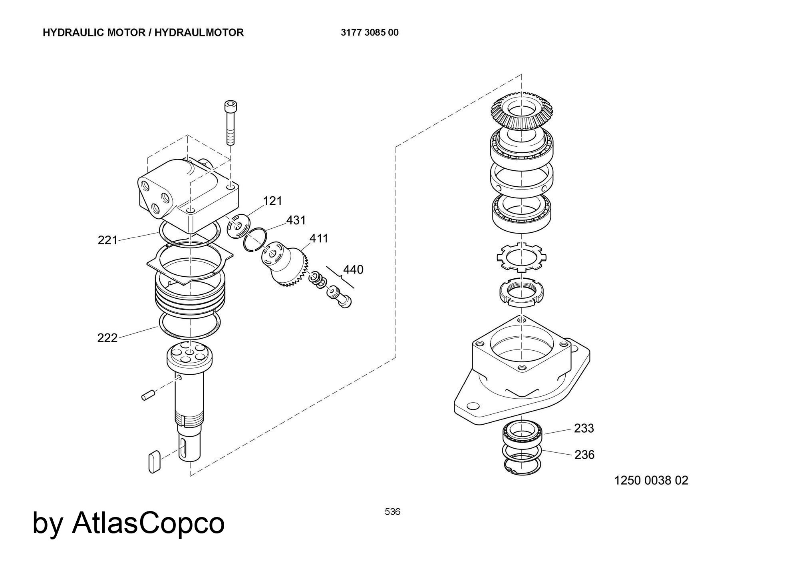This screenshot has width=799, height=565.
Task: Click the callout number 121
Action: [273, 201]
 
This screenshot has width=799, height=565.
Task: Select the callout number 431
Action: [296, 220]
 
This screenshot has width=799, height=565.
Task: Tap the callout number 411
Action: [319, 238]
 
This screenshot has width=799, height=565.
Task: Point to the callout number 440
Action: [354, 270]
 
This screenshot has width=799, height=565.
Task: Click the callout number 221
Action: [107, 240]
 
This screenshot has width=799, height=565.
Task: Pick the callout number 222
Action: [107, 338]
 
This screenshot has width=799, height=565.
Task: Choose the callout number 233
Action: [584, 428]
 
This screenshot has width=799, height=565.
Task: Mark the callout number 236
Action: [584, 455]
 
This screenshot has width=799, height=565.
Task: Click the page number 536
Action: [392, 511]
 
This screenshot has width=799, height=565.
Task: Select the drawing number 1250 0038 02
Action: [651, 480]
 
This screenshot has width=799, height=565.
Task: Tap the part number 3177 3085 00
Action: [370, 32]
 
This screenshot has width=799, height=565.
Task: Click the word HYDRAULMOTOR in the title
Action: [199, 32]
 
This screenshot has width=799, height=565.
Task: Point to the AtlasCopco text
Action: [148, 523]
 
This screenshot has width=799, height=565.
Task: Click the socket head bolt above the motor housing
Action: [230, 122]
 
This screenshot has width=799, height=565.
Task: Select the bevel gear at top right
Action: [521, 111]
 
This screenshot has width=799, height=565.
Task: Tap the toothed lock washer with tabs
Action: [521, 258]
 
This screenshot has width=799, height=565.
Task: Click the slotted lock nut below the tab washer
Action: [521, 293]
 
